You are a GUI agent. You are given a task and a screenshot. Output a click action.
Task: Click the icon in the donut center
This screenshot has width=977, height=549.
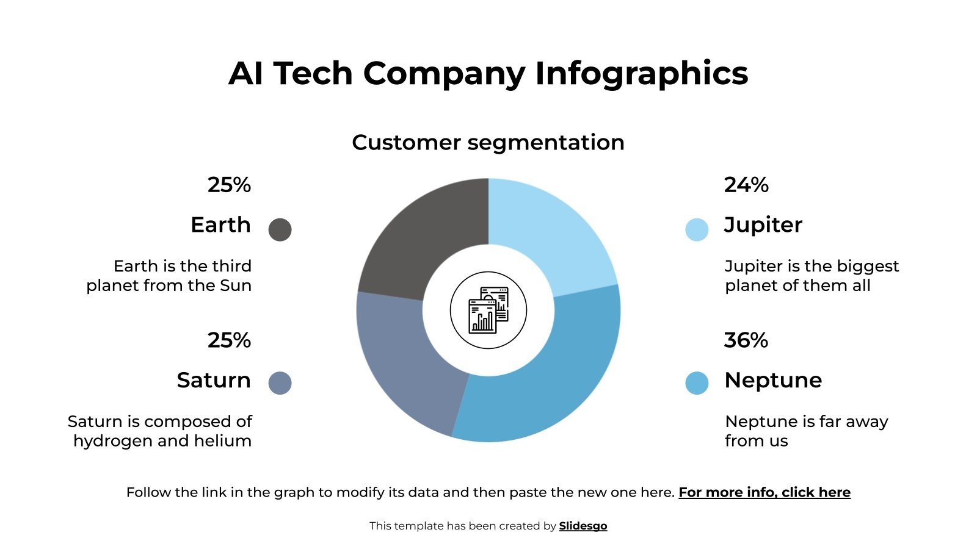pyautogui.click(x=488, y=310)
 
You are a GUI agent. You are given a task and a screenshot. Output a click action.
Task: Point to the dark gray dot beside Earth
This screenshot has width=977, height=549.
pyautogui.click(x=280, y=229)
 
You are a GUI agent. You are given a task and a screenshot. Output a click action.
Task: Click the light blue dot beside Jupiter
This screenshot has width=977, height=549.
pyautogui.click(x=697, y=229)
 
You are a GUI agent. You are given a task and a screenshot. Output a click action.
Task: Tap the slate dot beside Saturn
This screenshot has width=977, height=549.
pyautogui.click(x=280, y=383)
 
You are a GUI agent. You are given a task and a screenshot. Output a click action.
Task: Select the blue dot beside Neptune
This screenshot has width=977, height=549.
pyautogui.click(x=697, y=383)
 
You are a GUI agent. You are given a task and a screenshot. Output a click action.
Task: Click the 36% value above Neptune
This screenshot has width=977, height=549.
pyautogui.click(x=746, y=340)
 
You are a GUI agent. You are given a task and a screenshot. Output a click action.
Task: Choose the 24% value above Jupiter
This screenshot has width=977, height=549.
pyautogui.click(x=746, y=185)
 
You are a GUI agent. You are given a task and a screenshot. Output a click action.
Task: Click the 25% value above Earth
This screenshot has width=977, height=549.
pyautogui.click(x=229, y=185)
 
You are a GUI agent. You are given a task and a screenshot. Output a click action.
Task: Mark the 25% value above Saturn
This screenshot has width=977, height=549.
pyautogui.click(x=229, y=340)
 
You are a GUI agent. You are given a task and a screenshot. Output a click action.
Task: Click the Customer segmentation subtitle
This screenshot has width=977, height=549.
pyautogui.click(x=488, y=143)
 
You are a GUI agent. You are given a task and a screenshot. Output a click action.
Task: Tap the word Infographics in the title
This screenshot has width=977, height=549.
pyautogui.click(x=641, y=74)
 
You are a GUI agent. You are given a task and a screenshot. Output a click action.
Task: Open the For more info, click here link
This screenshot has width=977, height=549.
pyautogui.click(x=765, y=492)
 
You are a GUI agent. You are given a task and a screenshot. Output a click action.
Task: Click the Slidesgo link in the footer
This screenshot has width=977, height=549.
pyautogui.click(x=583, y=526)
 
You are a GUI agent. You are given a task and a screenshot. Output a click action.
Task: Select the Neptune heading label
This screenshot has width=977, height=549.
pyautogui.click(x=773, y=380)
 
